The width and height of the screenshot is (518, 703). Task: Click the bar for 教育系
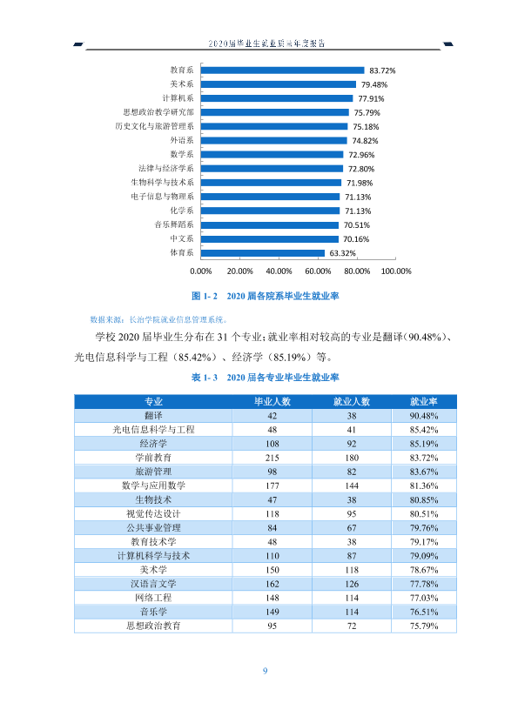click(283, 70)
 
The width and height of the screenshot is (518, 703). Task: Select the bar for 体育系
click(263, 253)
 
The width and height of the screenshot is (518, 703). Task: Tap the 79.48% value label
click(374, 84)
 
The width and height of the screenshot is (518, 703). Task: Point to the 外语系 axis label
click(182, 140)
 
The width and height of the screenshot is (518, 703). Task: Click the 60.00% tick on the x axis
click(318, 271)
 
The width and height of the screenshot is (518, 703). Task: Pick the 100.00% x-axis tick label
click(396, 271)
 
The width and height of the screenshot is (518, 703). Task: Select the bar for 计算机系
click(277, 98)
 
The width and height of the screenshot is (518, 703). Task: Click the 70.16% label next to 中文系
click(356, 239)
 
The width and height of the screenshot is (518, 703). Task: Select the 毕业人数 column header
click(272, 402)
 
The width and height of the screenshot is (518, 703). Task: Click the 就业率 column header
click(423, 402)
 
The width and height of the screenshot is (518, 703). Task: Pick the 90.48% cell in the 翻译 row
click(423, 416)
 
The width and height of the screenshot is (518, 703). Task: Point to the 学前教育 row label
click(153, 458)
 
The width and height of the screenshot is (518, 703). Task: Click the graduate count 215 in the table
click(272, 458)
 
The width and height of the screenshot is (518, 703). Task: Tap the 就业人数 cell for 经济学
click(352, 444)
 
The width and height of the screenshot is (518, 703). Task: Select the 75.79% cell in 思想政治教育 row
click(423, 626)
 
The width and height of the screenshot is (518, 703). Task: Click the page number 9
click(265, 671)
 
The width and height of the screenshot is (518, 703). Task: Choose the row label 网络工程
click(153, 598)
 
